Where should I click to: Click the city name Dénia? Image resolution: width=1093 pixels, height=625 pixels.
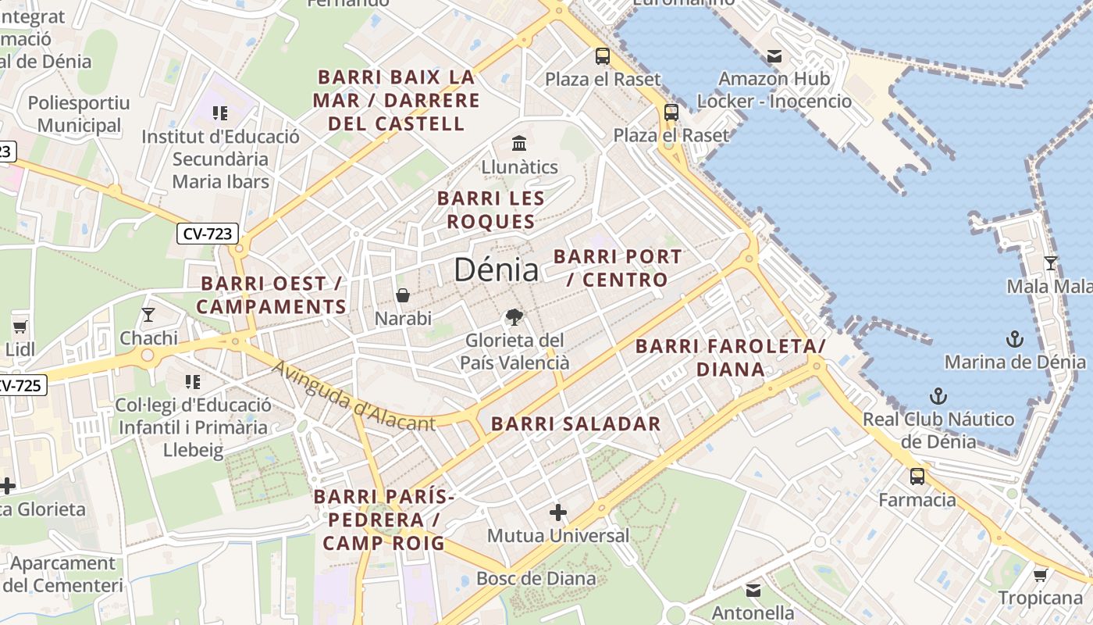point(496,270)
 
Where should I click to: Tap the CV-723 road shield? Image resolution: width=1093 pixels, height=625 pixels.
point(207,233)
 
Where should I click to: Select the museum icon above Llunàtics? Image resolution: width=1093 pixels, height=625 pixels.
point(519,144)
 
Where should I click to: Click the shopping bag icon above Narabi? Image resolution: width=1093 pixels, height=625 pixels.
point(403,295)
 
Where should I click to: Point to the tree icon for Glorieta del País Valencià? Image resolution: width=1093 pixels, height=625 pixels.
point(514,317)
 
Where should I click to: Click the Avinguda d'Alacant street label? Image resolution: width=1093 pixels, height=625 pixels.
point(353,397)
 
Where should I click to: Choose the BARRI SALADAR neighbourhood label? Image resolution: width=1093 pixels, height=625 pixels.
point(576,424)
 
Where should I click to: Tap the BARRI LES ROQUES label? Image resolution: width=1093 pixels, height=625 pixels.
point(490,210)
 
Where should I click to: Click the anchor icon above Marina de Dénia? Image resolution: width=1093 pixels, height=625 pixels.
point(1014,339)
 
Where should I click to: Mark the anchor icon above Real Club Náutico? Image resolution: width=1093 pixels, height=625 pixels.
point(938,396)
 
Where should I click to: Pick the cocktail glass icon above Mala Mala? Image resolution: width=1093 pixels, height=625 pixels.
point(1051,263)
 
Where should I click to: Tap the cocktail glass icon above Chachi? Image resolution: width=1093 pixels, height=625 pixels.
point(148,315)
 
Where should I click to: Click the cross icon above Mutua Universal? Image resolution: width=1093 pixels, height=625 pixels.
point(557,512)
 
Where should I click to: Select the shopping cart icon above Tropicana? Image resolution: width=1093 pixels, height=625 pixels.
point(1040,576)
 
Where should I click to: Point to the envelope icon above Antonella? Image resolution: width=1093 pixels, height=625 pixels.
point(753,590)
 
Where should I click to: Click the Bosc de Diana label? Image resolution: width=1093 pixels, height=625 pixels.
point(536,579)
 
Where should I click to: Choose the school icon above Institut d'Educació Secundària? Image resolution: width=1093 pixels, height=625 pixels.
point(219,113)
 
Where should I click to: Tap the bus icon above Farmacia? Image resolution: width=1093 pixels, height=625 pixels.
point(917,476)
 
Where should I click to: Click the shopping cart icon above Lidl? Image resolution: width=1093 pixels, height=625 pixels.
point(20,327)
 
